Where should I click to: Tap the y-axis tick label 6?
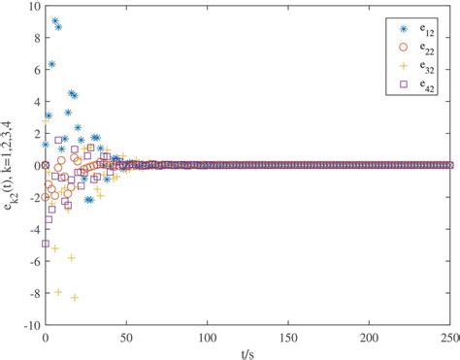(x=34, y=70)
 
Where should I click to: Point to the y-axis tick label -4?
(x=31, y=230)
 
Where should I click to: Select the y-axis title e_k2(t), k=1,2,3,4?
(x=11, y=165)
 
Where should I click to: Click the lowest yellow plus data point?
(x=75, y=297)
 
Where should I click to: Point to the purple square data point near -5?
(x=47, y=244)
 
